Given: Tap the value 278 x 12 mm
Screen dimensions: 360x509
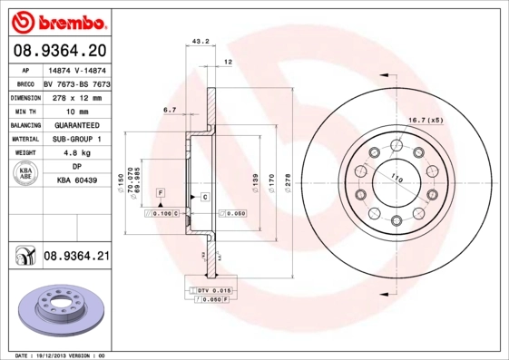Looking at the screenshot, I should coord(76,95).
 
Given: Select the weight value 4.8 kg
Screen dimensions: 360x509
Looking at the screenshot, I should coord(76,153).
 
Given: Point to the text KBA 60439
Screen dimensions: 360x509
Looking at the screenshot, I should coord(76,181).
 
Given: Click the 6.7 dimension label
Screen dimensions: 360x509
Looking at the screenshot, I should coord(170,111).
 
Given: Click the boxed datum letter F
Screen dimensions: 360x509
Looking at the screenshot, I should coord(160,195).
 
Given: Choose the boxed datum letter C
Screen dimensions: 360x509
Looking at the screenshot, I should coord(205,197).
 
